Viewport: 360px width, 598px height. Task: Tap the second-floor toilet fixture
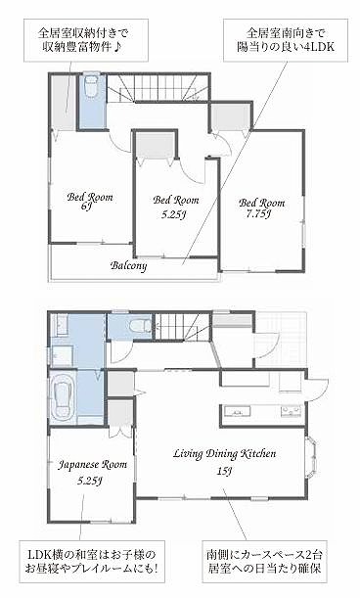coord(92,87)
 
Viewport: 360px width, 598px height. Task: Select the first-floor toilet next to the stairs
coord(135,326)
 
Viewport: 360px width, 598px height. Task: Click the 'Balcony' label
coord(128,266)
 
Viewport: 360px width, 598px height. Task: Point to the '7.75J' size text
coord(259,214)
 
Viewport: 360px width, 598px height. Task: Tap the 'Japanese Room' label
coord(93,465)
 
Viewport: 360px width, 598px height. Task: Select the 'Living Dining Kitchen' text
coord(225,454)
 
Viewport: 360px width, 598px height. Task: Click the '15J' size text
coord(225,472)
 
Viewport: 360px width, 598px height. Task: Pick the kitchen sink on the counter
coord(237,411)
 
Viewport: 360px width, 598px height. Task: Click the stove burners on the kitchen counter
coord(292,411)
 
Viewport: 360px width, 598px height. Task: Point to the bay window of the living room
coord(311,458)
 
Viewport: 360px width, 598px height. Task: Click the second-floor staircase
coord(157,88)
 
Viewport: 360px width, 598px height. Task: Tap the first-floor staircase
coord(182,327)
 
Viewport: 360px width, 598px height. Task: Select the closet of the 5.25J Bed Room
coord(156,145)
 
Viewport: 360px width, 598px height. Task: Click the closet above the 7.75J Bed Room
coord(231,116)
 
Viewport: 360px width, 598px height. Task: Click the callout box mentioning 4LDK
coord(286,40)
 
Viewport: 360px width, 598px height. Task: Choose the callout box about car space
coord(265,561)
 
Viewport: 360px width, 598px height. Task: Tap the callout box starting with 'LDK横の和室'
coord(91,562)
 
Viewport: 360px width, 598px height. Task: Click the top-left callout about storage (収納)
coord(86,40)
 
